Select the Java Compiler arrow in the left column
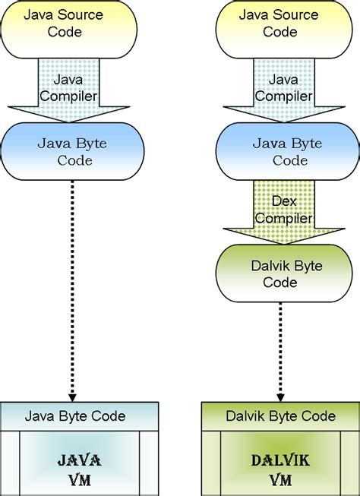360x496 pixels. click(x=74, y=87)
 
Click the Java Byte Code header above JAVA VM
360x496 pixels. click(x=75, y=415)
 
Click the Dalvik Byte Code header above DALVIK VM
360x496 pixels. click(x=280, y=415)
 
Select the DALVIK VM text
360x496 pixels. click(x=280, y=469)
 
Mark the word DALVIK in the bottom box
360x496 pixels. click(x=280, y=460)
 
